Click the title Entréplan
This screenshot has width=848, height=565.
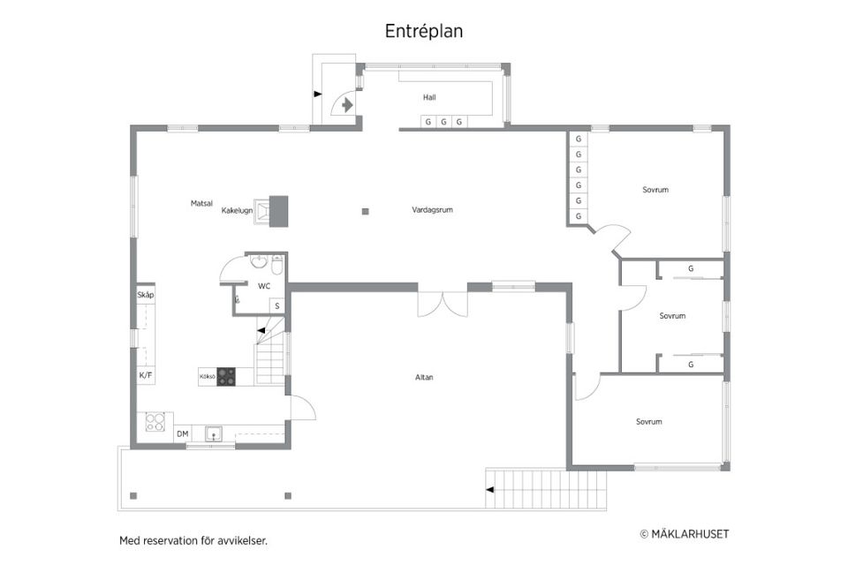click(424, 31)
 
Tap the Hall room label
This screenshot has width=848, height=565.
click(429, 97)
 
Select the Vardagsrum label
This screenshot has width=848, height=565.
click(432, 210)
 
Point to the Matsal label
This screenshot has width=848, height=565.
click(201, 203)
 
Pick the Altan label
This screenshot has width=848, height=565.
click(424, 378)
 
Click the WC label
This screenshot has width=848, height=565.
click(263, 286)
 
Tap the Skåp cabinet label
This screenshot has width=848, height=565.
click(146, 294)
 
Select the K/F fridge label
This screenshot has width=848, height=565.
click(146, 375)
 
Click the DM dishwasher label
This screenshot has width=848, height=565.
click(183, 433)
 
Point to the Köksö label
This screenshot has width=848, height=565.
click(207, 376)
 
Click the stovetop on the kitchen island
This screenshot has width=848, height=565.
click(227, 376)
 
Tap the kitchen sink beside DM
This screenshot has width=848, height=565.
click(213, 433)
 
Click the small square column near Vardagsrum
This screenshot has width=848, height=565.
click(365, 211)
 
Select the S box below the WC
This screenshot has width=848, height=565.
click(276, 306)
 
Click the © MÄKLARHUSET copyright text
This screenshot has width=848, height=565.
click(684, 533)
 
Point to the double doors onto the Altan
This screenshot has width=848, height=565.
click(443, 300)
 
